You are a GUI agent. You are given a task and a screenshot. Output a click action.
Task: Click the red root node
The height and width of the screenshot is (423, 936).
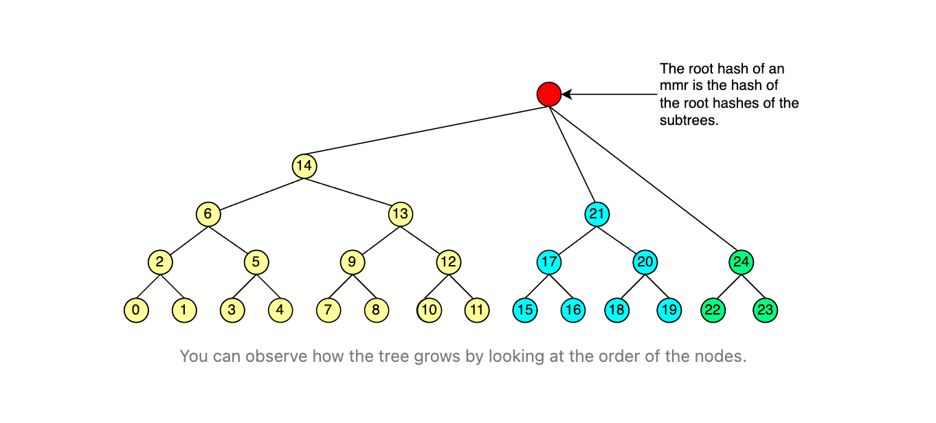pyautogui.click(x=548, y=94)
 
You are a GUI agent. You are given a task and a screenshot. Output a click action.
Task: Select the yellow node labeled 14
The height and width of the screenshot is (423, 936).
pyautogui.click(x=304, y=166)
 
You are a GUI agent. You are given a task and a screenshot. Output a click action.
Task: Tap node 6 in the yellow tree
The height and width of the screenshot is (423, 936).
pyautogui.click(x=208, y=214)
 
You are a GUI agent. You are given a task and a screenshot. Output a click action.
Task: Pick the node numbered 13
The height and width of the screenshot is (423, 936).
pyautogui.click(x=400, y=214)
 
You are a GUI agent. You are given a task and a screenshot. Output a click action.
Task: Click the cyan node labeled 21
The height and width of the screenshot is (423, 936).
pyautogui.click(x=597, y=214)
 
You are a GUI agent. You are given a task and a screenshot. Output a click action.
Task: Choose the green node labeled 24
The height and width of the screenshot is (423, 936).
pyautogui.click(x=741, y=262)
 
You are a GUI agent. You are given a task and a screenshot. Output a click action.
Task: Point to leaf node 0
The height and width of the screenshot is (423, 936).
pyautogui.click(x=136, y=310)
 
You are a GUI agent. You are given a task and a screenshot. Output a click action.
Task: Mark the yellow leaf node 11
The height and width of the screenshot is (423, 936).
pyautogui.click(x=476, y=310)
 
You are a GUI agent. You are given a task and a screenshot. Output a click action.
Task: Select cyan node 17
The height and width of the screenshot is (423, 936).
pyautogui.click(x=549, y=262)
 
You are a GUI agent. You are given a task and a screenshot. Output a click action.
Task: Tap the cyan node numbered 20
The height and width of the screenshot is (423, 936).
pyautogui.click(x=645, y=262)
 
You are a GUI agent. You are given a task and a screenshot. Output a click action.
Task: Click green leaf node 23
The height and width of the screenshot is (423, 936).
pyautogui.click(x=765, y=310)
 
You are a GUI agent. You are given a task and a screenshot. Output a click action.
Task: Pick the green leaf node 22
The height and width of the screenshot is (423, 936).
pyautogui.click(x=713, y=310)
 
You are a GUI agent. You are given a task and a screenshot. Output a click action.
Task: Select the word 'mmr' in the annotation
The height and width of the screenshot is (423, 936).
pyautogui.click(x=673, y=87)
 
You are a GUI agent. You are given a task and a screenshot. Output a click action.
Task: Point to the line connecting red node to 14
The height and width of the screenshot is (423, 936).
pyautogui.click(x=426, y=130)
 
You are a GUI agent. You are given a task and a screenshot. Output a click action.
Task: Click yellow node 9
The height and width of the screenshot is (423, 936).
pyautogui.click(x=352, y=262)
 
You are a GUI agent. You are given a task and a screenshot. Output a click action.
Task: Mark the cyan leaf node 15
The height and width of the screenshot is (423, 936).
pyautogui.click(x=525, y=310)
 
